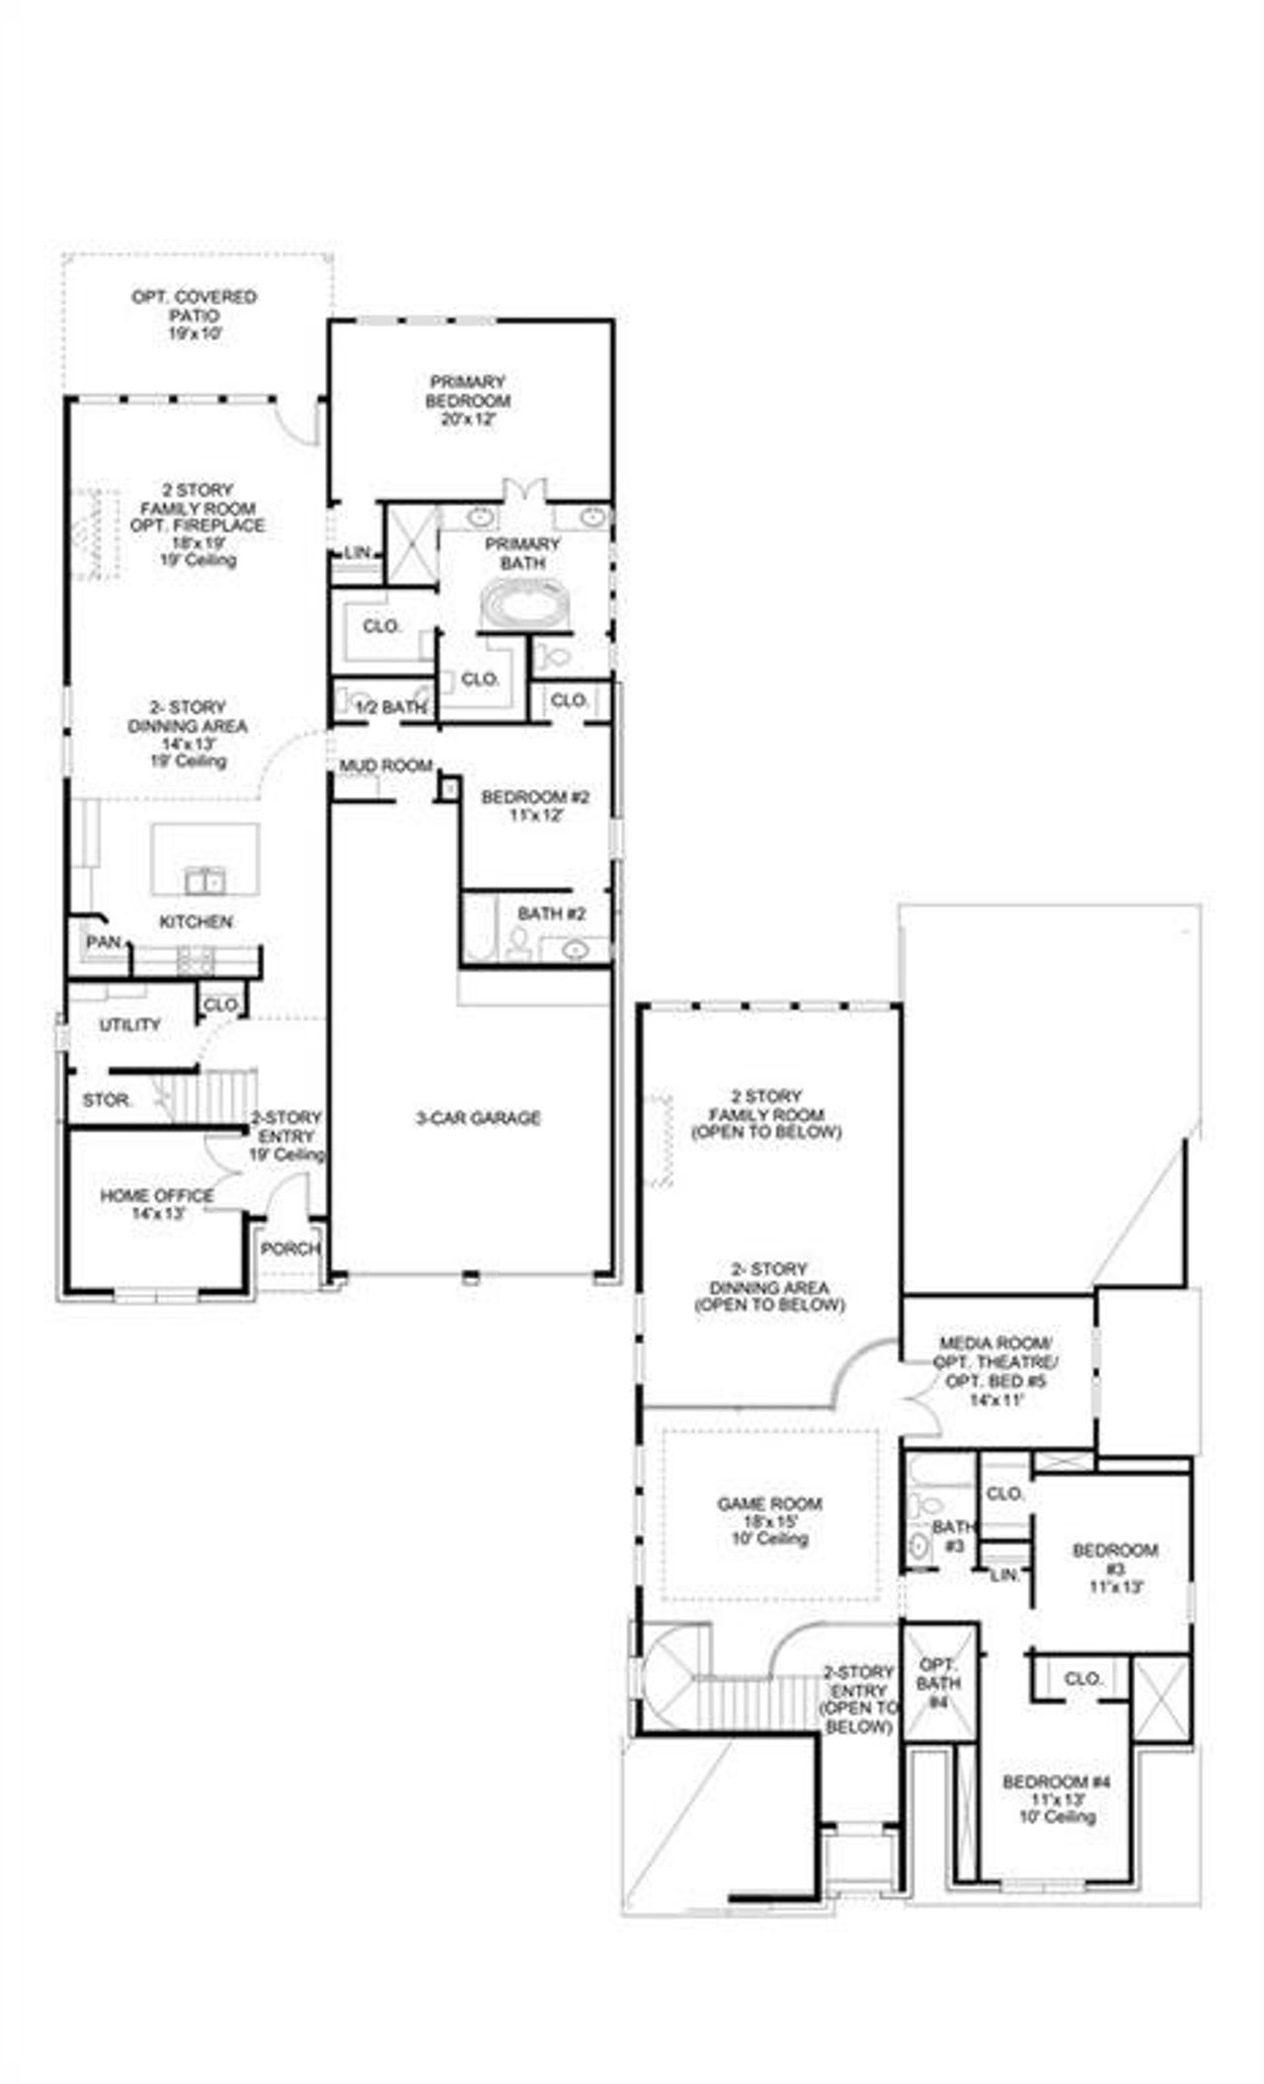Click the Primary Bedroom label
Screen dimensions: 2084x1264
[x=468, y=391]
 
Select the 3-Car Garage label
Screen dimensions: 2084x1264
[x=478, y=1118]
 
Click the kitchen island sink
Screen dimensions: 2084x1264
[x=205, y=878]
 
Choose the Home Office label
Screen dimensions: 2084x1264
[x=157, y=1196]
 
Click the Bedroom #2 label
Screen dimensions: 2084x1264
[x=535, y=797]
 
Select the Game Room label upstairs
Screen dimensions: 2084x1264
[x=769, y=1504]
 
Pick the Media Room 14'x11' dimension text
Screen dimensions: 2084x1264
[x=995, y=1400]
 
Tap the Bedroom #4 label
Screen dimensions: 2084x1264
[x=1057, y=1783]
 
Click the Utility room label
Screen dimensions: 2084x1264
[x=129, y=1025]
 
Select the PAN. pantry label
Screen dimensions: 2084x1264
[x=103, y=942]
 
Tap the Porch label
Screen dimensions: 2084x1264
[x=290, y=1248]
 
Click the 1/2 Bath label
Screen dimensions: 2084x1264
[x=390, y=707]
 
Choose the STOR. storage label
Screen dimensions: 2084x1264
[x=107, y=1099]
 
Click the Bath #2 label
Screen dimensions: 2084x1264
[x=551, y=915]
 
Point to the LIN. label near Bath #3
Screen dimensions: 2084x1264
[x=1005, y=1572]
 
